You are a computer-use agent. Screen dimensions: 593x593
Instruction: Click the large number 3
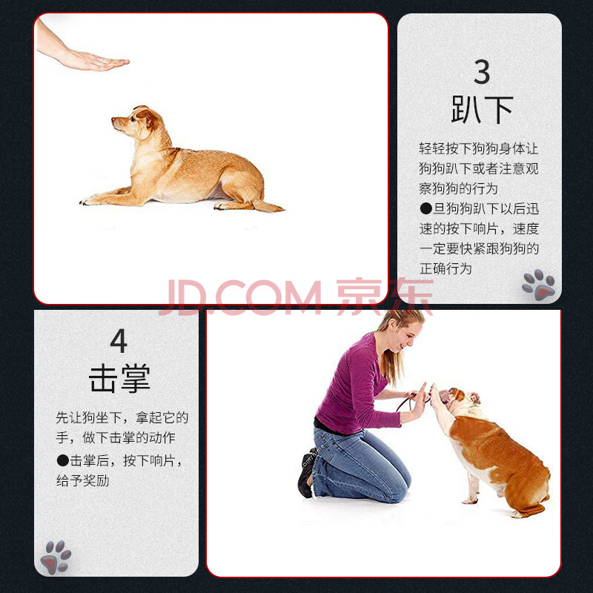tap(482, 72)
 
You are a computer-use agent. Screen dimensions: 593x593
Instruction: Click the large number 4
tap(119, 340)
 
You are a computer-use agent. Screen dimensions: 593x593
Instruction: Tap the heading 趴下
tap(483, 110)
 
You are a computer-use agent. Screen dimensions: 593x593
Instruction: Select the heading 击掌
tap(119, 378)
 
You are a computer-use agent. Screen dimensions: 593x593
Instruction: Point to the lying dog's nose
tap(113, 120)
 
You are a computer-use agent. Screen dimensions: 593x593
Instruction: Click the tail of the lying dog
tap(268, 207)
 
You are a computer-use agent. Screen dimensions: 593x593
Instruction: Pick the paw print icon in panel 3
tap(539, 285)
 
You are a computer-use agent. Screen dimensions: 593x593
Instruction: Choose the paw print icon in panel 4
tap(56, 557)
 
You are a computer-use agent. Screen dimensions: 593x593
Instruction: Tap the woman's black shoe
tap(305, 474)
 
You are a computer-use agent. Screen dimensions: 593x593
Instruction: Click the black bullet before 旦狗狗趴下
tap(425, 208)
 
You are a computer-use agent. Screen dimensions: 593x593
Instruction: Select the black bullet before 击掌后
tap(62, 460)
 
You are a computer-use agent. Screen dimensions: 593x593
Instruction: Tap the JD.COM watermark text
tap(240, 297)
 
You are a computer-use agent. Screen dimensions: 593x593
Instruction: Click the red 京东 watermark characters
tap(384, 296)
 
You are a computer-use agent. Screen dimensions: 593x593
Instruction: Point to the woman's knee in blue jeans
tap(402, 484)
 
